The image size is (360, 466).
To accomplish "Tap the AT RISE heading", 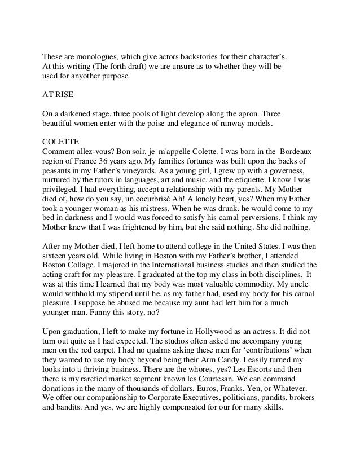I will [59, 94].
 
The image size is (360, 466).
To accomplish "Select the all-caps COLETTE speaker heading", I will [62, 141].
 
